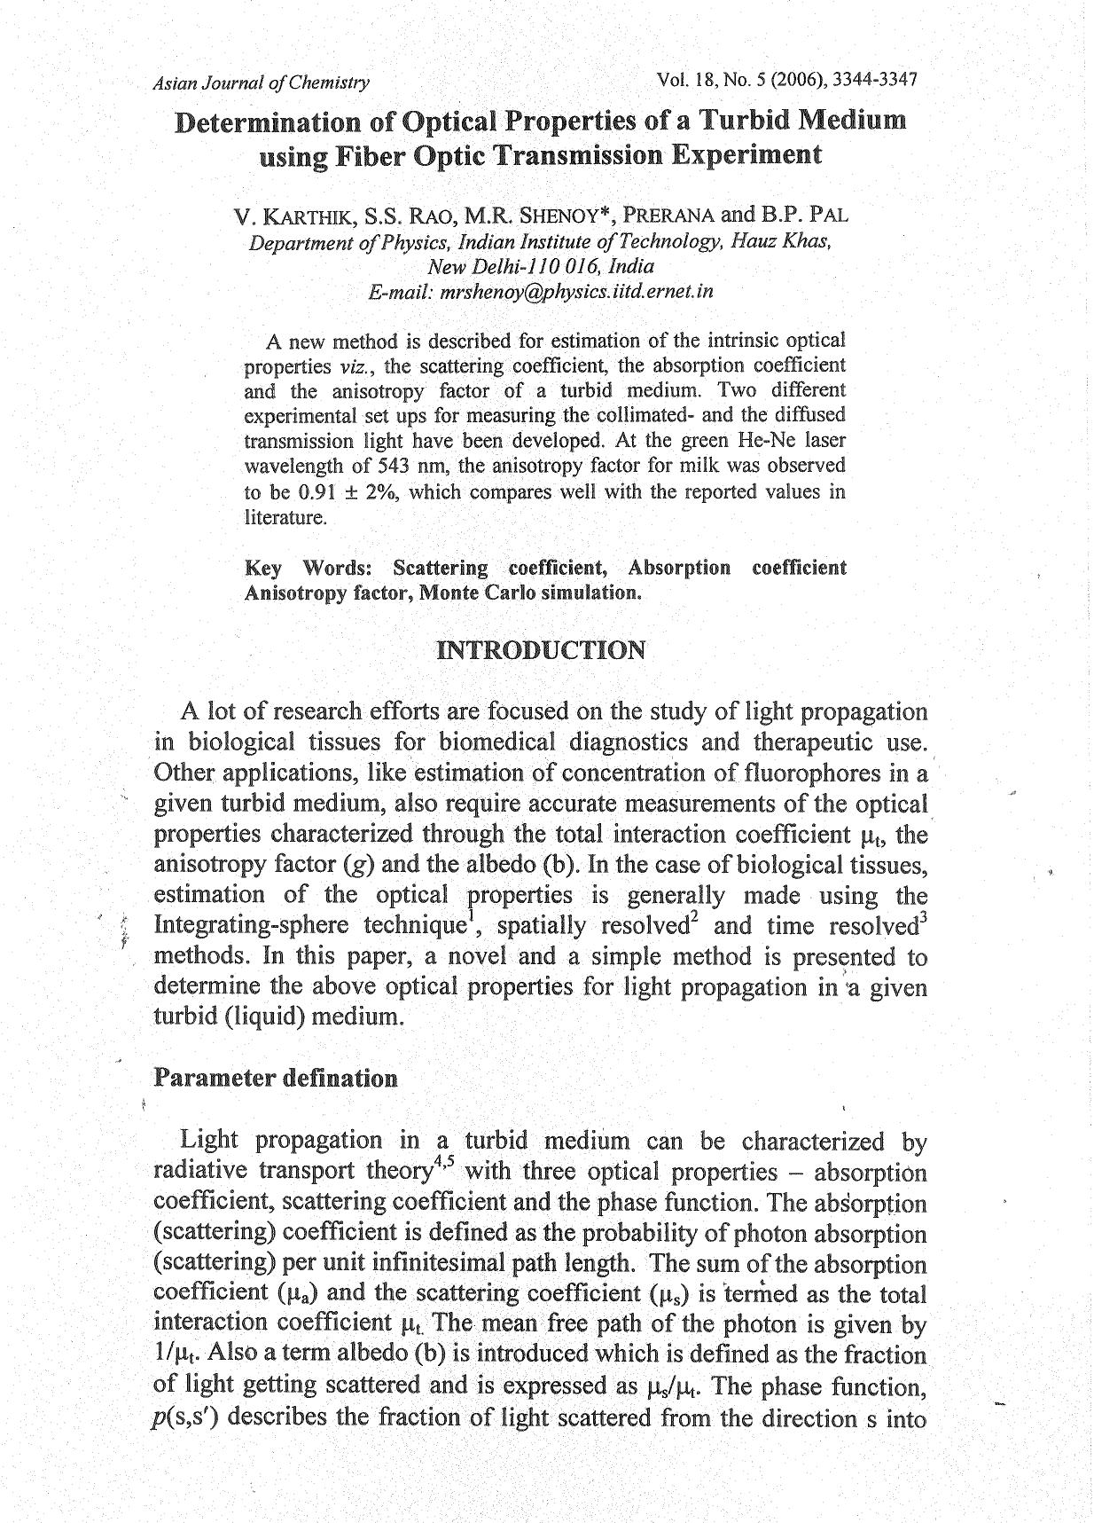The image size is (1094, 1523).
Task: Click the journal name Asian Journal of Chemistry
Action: [x=261, y=83]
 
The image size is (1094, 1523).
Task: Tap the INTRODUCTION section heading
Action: [x=541, y=651]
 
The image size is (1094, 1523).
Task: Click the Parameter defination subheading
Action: [x=276, y=1079]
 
